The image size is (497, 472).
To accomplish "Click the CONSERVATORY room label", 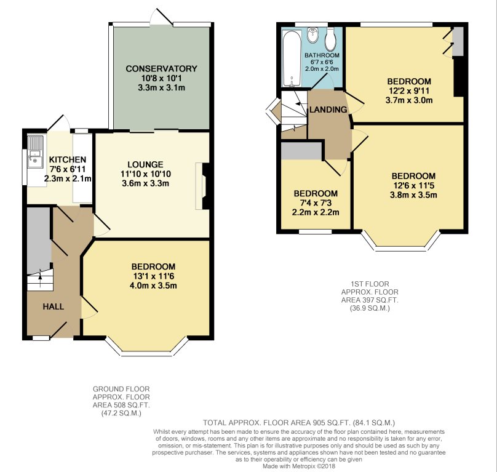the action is click(x=161, y=68).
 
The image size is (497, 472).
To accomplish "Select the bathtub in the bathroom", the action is click(x=292, y=58).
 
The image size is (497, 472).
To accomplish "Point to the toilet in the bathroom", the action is click(x=330, y=39).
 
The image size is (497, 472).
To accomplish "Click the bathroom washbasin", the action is click(x=312, y=36).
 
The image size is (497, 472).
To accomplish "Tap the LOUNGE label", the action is click(x=146, y=164).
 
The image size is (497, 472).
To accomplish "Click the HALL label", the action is click(x=54, y=306).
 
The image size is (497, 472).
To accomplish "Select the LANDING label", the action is click(x=328, y=110).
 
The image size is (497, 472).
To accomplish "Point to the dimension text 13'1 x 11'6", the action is click(x=153, y=276).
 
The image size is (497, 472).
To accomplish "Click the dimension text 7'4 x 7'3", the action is click(x=316, y=202).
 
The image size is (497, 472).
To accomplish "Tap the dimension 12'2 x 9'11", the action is click(x=409, y=90).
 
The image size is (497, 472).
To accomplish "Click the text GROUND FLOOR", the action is click(x=121, y=389).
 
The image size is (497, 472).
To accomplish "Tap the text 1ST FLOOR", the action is click(x=370, y=284).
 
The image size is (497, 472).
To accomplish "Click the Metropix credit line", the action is click(x=298, y=466).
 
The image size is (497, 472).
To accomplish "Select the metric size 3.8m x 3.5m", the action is click(x=413, y=194).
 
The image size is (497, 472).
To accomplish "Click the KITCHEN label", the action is click(x=67, y=159).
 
